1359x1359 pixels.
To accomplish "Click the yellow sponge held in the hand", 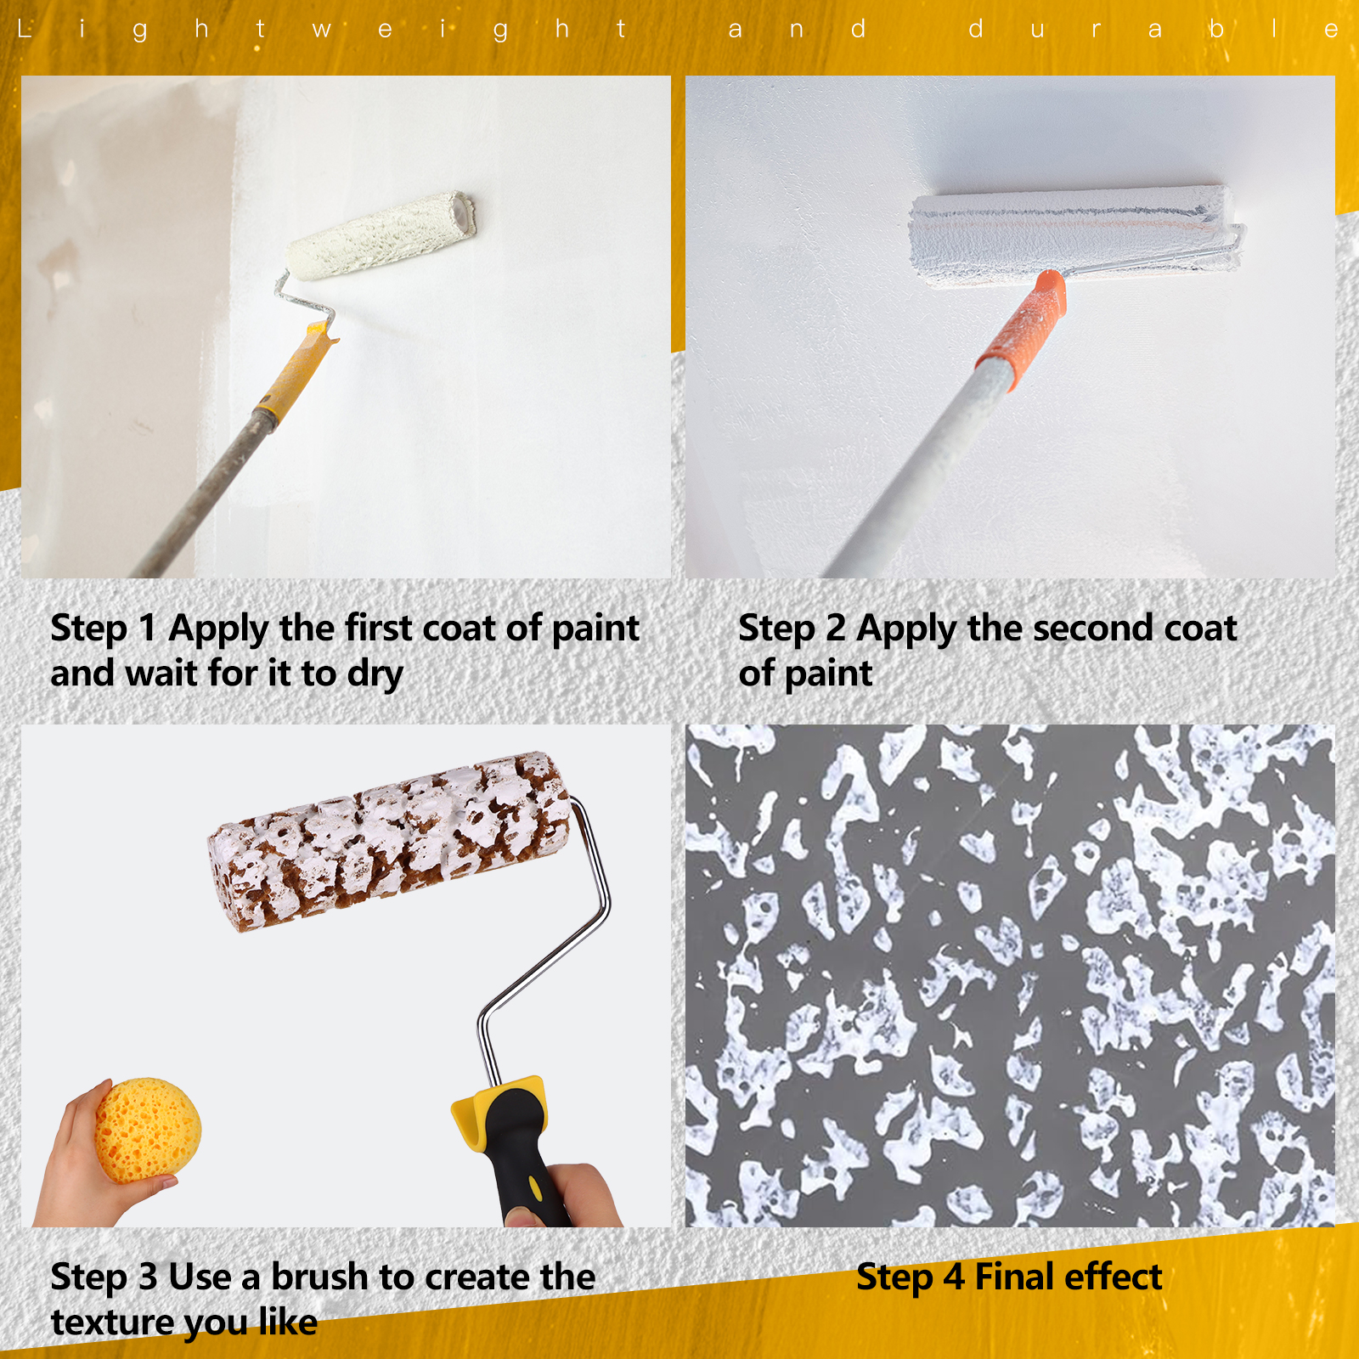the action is (148, 1130).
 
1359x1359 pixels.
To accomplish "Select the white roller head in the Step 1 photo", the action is (381, 235).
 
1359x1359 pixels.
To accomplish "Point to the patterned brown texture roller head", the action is (390, 841).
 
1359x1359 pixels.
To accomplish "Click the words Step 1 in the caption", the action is (104, 629).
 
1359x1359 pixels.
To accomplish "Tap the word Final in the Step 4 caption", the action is (1014, 1277).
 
